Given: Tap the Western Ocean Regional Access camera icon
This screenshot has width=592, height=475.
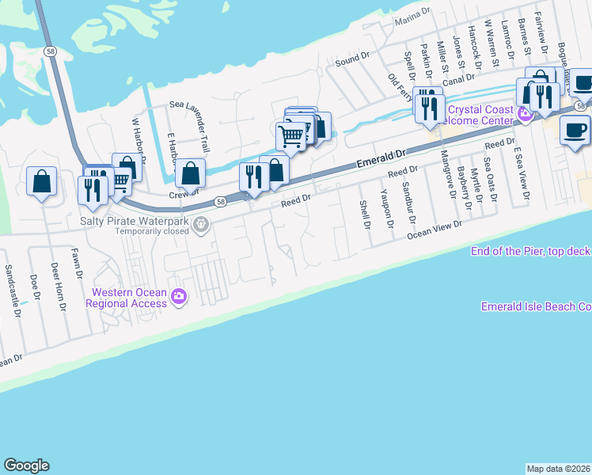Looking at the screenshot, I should click(x=179, y=297).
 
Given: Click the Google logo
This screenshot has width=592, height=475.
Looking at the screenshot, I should click(x=26, y=465).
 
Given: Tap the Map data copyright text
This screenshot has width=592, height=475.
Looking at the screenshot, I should click(x=558, y=468).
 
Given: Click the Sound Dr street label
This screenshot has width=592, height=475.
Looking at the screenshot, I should click(x=352, y=59).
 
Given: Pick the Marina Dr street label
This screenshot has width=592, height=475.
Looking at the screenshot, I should click(x=416, y=17).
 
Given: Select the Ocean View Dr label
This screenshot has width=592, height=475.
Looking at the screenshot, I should click(x=434, y=230).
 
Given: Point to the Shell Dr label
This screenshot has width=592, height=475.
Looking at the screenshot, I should click(x=365, y=215).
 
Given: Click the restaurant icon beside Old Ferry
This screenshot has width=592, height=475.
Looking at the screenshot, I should click(x=428, y=107).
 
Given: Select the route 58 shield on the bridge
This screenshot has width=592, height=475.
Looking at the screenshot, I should click(x=50, y=51).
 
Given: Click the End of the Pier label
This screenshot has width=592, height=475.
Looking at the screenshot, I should click(x=530, y=251).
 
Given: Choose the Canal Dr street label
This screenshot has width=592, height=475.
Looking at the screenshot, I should click(x=458, y=78).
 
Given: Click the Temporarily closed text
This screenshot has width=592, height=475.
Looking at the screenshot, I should click(x=152, y=232).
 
